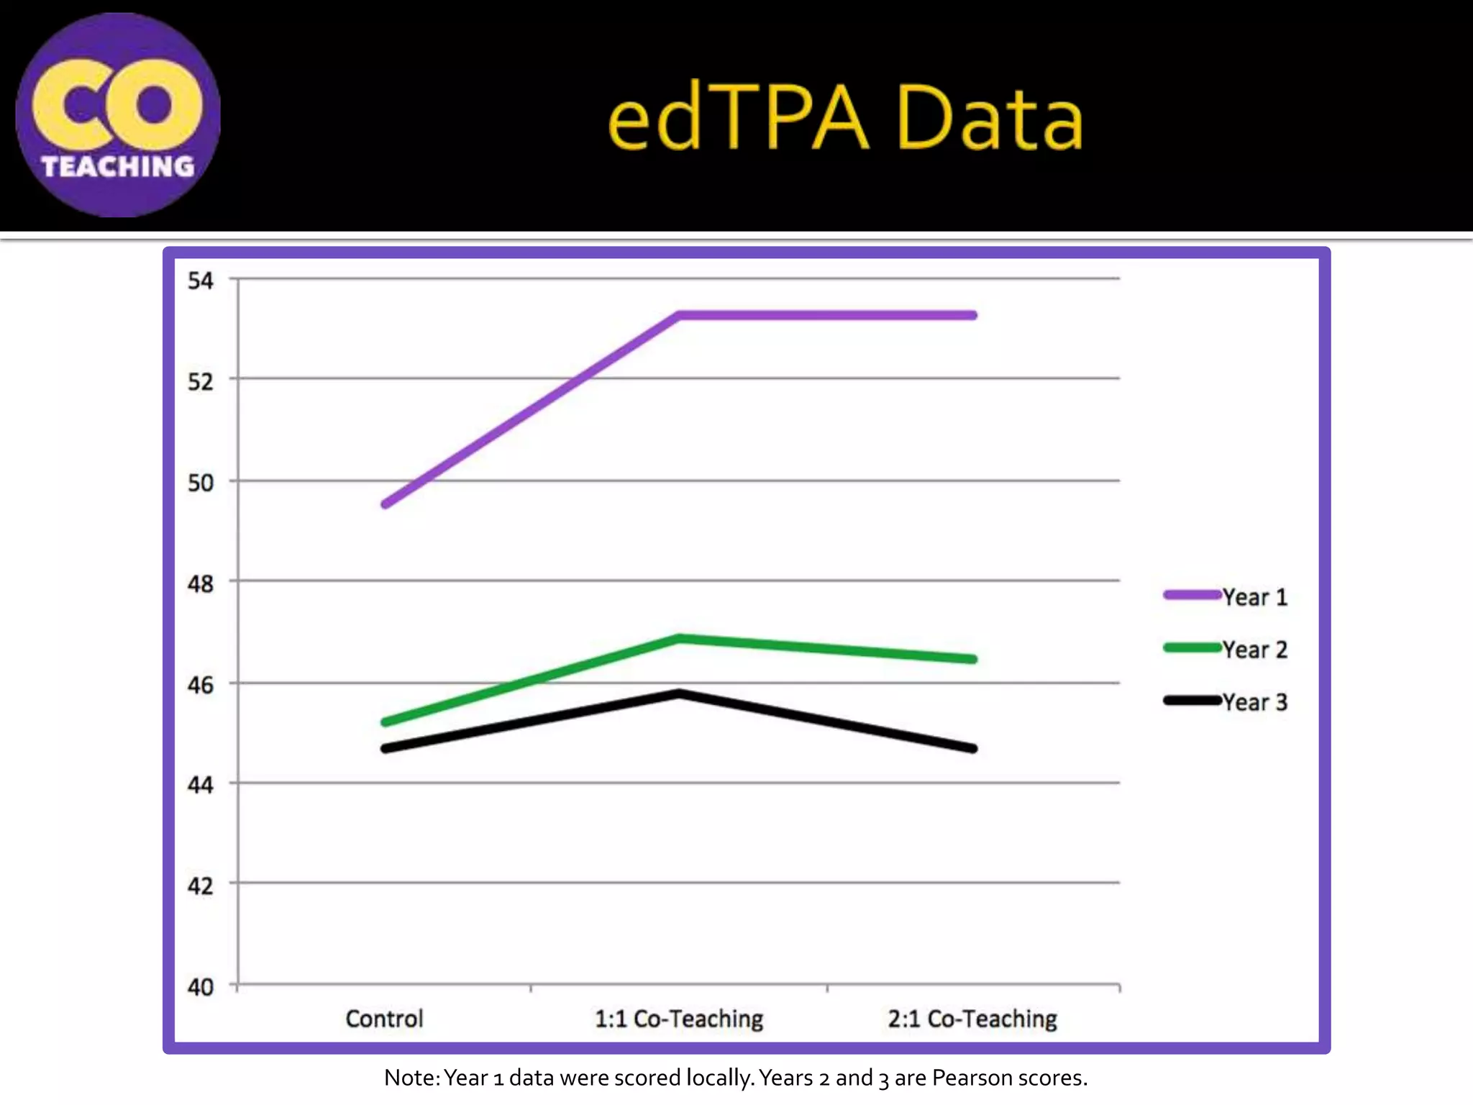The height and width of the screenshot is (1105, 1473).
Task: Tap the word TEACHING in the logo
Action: (x=118, y=167)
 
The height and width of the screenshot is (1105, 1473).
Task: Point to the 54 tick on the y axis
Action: (x=201, y=281)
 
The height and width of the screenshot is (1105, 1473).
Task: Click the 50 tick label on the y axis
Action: (x=201, y=483)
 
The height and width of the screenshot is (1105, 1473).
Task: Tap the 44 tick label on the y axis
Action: (x=201, y=785)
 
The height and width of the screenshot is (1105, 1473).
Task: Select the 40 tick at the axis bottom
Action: (x=201, y=987)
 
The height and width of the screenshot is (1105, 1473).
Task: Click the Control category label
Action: (x=384, y=1019)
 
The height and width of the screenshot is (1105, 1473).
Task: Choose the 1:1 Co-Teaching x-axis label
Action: (x=679, y=1019)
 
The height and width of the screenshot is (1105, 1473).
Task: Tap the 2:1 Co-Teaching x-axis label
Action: (x=972, y=1019)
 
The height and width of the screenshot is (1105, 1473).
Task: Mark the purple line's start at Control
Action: (x=386, y=504)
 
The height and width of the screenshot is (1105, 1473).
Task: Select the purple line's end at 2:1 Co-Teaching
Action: (x=973, y=315)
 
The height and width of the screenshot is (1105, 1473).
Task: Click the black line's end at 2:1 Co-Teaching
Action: (x=973, y=749)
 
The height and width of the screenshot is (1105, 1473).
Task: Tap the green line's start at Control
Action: (x=386, y=722)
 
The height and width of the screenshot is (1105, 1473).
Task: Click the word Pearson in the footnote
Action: (x=967, y=1078)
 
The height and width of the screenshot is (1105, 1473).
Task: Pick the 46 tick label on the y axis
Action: (x=201, y=685)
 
